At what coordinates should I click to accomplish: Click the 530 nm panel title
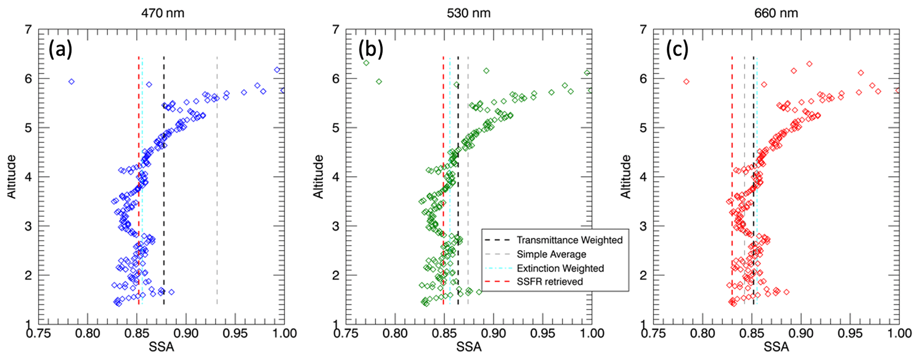(469, 13)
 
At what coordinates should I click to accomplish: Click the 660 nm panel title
(776, 13)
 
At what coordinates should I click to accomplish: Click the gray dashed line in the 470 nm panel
(217, 178)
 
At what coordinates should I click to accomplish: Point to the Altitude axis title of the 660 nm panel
(626, 177)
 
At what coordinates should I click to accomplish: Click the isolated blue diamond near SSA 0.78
(71, 81)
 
